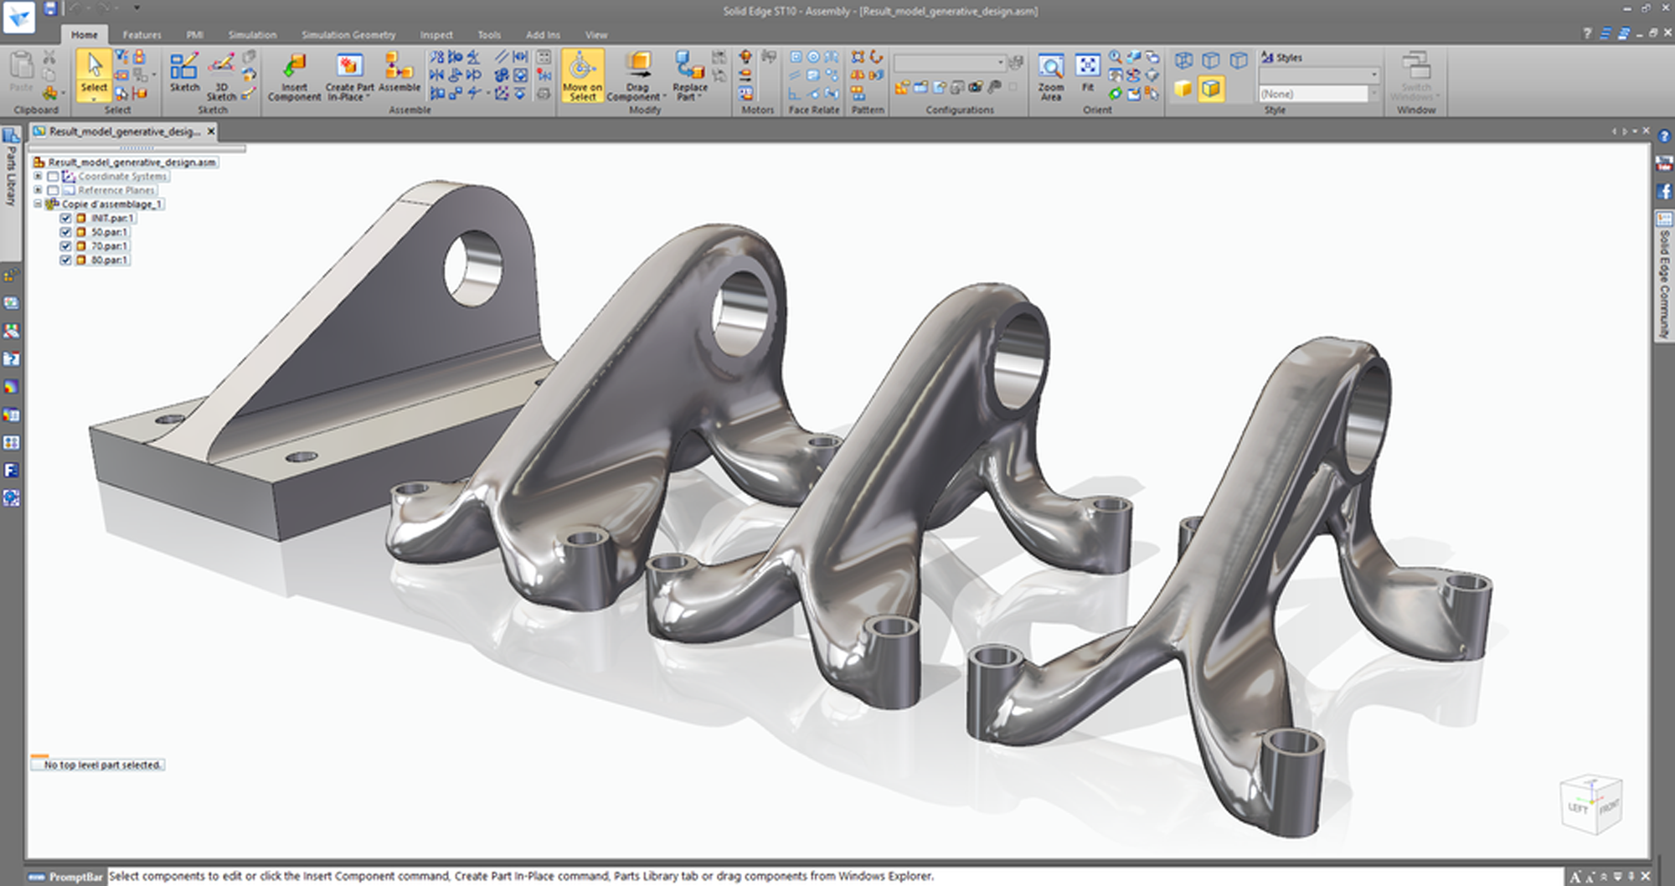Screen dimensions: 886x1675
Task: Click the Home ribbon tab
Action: [84, 35]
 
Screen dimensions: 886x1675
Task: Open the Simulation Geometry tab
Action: [348, 35]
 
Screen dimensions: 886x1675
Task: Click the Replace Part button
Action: [689, 75]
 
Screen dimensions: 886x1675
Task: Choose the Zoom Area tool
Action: [1050, 75]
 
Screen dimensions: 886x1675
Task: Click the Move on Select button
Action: [582, 75]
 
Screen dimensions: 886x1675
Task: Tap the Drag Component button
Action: [637, 75]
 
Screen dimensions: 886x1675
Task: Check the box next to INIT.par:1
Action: [65, 219]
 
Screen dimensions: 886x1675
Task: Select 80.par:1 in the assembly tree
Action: [109, 260]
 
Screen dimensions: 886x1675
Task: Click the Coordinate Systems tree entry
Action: [121, 177]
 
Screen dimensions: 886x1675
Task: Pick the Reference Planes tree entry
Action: [116, 191]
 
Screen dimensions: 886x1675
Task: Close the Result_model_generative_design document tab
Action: [211, 131]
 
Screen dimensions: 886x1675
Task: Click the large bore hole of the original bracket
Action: [473, 268]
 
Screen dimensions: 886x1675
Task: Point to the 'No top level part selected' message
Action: [101, 765]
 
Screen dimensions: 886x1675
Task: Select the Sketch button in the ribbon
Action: [184, 73]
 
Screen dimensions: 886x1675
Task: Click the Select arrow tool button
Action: [94, 73]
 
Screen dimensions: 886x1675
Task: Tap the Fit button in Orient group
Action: [1087, 73]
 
